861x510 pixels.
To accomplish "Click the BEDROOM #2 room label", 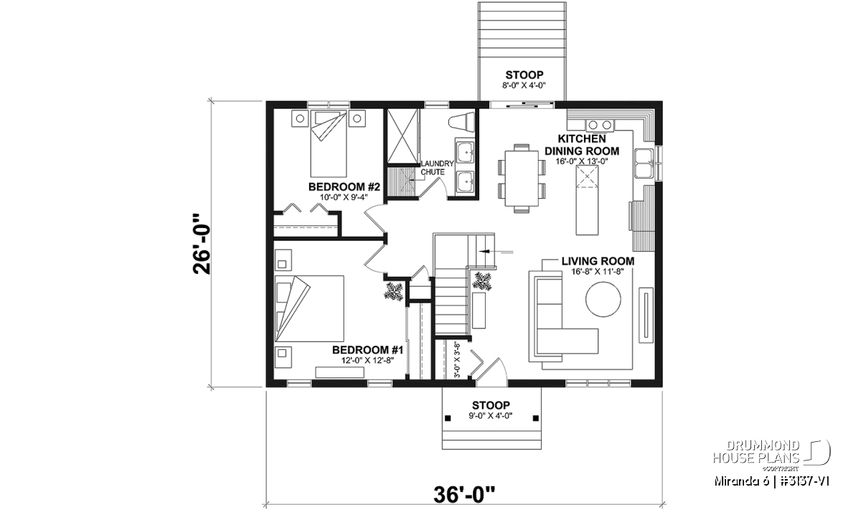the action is pyautogui.click(x=344, y=187).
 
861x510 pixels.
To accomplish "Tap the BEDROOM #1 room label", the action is pyautogui.click(x=367, y=350).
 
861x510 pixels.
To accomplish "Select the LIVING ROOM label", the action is pyautogui.click(x=598, y=261).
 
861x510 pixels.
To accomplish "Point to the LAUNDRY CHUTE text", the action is pyautogui.click(x=438, y=168).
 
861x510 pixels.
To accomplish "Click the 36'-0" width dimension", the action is pyautogui.click(x=464, y=495).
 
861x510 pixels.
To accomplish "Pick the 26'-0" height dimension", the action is pyautogui.click(x=202, y=244).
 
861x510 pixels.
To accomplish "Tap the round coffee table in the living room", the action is pyautogui.click(x=603, y=299).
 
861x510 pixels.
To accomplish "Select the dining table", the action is pyautogui.click(x=522, y=179).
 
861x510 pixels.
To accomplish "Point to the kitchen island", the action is pyautogui.click(x=587, y=200).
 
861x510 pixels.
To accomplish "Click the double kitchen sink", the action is pyautogui.click(x=644, y=163).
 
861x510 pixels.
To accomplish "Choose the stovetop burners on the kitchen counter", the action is pyautogui.click(x=600, y=125).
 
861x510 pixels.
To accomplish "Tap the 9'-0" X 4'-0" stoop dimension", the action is pyautogui.click(x=491, y=416).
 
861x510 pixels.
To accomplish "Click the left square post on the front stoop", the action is pyautogui.click(x=448, y=418).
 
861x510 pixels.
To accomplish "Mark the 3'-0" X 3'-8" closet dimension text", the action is pyautogui.click(x=457, y=361).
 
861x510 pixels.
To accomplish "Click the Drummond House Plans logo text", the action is pyautogui.click(x=756, y=452).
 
